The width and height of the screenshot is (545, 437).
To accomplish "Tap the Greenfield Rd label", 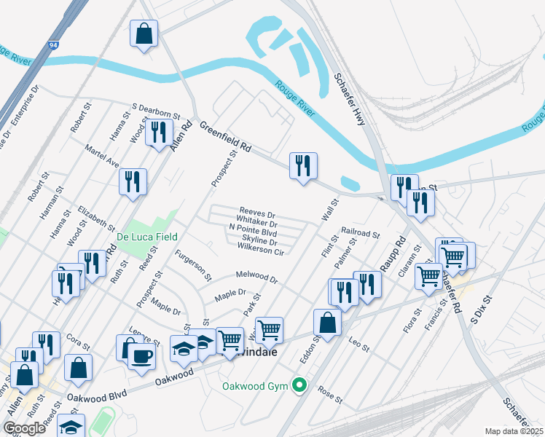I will [225, 136].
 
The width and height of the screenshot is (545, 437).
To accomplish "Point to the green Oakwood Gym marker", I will [297, 385].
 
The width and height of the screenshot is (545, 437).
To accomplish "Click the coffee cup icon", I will [141, 356].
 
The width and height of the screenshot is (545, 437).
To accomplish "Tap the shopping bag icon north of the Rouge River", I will [144, 34].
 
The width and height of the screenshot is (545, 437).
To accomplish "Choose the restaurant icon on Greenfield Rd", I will [303, 165].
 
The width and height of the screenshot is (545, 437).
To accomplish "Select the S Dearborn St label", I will [155, 110].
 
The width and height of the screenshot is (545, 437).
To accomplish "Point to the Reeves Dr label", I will [257, 213].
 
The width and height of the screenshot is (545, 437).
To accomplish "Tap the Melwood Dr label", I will [256, 277].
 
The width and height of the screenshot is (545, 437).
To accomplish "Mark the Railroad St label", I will [360, 233].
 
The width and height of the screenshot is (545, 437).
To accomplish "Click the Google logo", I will [24, 428].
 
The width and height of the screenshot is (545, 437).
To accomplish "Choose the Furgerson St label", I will [193, 265].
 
